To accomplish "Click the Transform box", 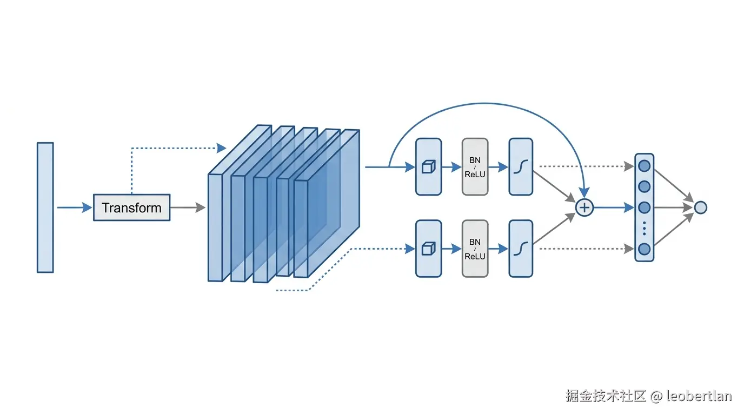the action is (x=132, y=207).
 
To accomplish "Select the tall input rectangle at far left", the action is (x=45, y=207).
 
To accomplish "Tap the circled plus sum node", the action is (x=584, y=208).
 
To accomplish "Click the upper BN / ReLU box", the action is (x=475, y=166).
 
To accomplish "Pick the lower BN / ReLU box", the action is (x=475, y=249).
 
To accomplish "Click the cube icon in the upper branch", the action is (x=428, y=166).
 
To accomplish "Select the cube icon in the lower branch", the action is (x=428, y=249).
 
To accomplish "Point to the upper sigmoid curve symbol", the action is (x=521, y=166).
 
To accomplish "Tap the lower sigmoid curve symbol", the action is (x=521, y=249).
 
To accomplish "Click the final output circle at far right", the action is (x=701, y=208).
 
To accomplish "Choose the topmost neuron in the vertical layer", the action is (x=645, y=166).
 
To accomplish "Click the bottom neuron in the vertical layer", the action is (x=645, y=249).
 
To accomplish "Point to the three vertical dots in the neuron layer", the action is (x=645, y=229).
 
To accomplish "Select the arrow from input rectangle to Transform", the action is (x=75, y=207).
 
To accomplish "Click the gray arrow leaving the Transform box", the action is (x=188, y=207).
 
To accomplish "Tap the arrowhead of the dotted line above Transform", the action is (x=221, y=148).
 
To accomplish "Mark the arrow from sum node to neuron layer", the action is (x=614, y=208).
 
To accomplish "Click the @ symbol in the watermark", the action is (x=656, y=396).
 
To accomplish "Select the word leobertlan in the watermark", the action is (x=699, y=396).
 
